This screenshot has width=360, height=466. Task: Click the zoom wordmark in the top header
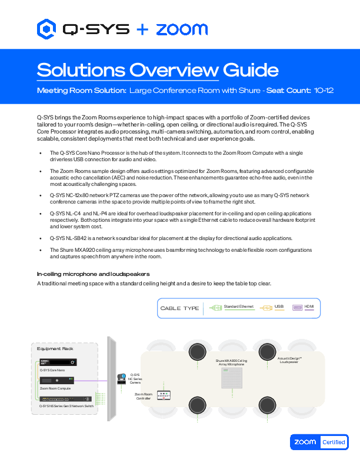tap(182, 29)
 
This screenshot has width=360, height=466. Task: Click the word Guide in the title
tap(249, 70)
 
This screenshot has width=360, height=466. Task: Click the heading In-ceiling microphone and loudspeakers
tap(93, 274)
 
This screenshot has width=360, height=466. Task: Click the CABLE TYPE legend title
tap(179, 308)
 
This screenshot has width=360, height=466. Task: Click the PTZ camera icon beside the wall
tap(123, 378)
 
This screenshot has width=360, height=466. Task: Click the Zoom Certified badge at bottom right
tap(319, 442)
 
